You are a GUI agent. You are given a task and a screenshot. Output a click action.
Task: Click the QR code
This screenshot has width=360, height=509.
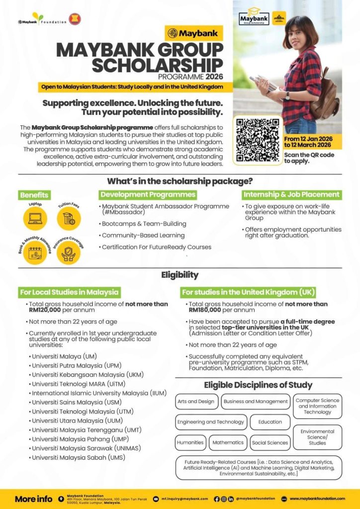coord(257,140)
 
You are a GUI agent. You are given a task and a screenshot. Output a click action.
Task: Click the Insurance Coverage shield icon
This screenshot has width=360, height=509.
coord(69,253)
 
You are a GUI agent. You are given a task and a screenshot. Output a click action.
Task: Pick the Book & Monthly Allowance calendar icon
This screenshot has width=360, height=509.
coord(35,253)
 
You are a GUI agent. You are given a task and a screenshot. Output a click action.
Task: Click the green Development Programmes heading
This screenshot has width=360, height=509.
coord(148,194)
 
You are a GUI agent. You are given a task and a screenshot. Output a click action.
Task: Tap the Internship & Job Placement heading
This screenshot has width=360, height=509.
coord(291,194)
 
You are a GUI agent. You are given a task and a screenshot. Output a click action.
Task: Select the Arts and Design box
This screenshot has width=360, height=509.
coord(196,401)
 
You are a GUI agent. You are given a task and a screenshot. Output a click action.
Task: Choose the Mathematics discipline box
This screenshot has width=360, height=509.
coord(228,442)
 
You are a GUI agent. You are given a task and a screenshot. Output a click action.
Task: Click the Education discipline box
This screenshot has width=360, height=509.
coord(270,422)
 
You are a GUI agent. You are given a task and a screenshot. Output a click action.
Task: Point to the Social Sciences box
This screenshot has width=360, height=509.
coord(270,442)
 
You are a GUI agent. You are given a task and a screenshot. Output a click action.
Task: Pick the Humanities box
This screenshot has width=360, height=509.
coord(190,442)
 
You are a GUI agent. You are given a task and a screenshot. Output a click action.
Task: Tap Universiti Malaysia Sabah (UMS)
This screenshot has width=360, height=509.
coord(79,457)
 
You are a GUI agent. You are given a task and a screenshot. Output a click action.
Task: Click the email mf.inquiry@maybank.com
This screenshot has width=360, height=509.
coord(183,499)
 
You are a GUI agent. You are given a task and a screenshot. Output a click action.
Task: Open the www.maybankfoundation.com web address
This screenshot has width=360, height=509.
coord(317,499)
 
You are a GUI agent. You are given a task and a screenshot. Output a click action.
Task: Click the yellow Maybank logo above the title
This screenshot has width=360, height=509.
coord(194,33)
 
